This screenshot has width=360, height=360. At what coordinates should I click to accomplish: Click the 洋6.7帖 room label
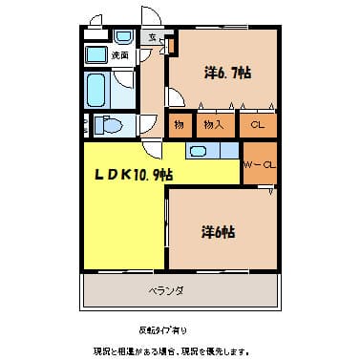point(227,73)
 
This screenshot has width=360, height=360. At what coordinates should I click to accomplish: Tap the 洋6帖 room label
point(219,230)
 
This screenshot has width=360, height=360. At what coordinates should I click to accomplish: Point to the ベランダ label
point(165,290)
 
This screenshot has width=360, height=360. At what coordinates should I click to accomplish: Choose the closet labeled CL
point(258,124)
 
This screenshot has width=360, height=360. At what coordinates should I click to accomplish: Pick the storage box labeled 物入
point(212,124)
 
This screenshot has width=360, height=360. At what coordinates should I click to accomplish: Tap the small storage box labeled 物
point(178,124)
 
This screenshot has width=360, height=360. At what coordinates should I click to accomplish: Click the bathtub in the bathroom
point(96,91)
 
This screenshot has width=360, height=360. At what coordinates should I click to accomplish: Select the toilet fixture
point(109,125)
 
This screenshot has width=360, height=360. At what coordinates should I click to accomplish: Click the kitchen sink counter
point(210,150)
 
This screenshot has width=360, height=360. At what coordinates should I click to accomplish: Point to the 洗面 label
point(120,57)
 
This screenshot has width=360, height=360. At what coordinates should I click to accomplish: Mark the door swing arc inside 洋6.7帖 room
point(179,96)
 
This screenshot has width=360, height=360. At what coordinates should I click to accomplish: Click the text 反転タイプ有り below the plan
point(165,329)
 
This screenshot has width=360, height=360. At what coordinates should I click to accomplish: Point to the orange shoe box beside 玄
point(171,44)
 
